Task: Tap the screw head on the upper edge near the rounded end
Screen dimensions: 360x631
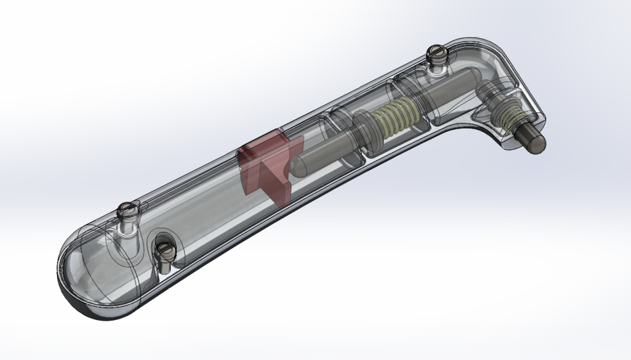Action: (127, 210)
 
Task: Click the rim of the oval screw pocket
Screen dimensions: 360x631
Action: (177, 243)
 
